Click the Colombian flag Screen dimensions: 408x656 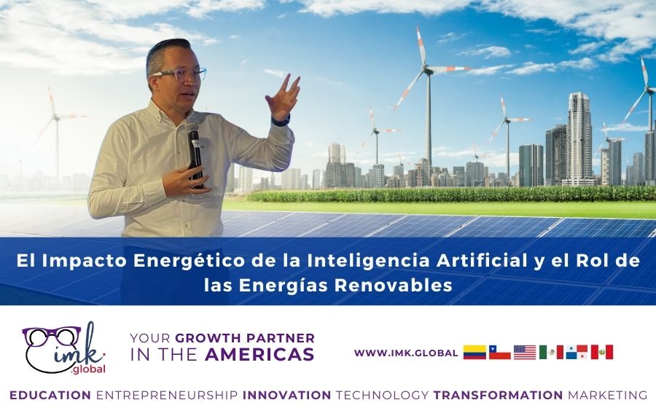pos(475,353)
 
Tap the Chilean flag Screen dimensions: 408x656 pos(499,353)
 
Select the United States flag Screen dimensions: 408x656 pos(525,353)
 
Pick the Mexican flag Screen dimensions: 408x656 pos(550,353)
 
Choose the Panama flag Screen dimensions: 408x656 pos(577,353)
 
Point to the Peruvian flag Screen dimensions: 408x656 pos(601,353)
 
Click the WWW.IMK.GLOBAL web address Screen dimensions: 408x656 pos(406,353)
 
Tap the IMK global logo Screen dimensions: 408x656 pos(64,348)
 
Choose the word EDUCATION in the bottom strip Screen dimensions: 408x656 pos(50,395)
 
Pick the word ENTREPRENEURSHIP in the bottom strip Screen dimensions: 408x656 pos(167,395)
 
